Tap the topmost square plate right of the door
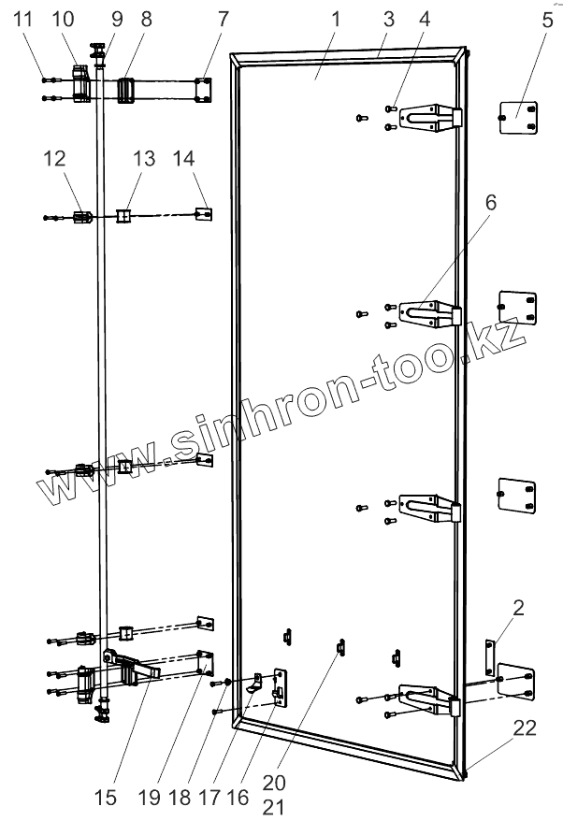coord(516,118)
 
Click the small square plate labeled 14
coord(203,214)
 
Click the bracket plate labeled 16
coord(280,688)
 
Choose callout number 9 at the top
coord(117,19)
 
